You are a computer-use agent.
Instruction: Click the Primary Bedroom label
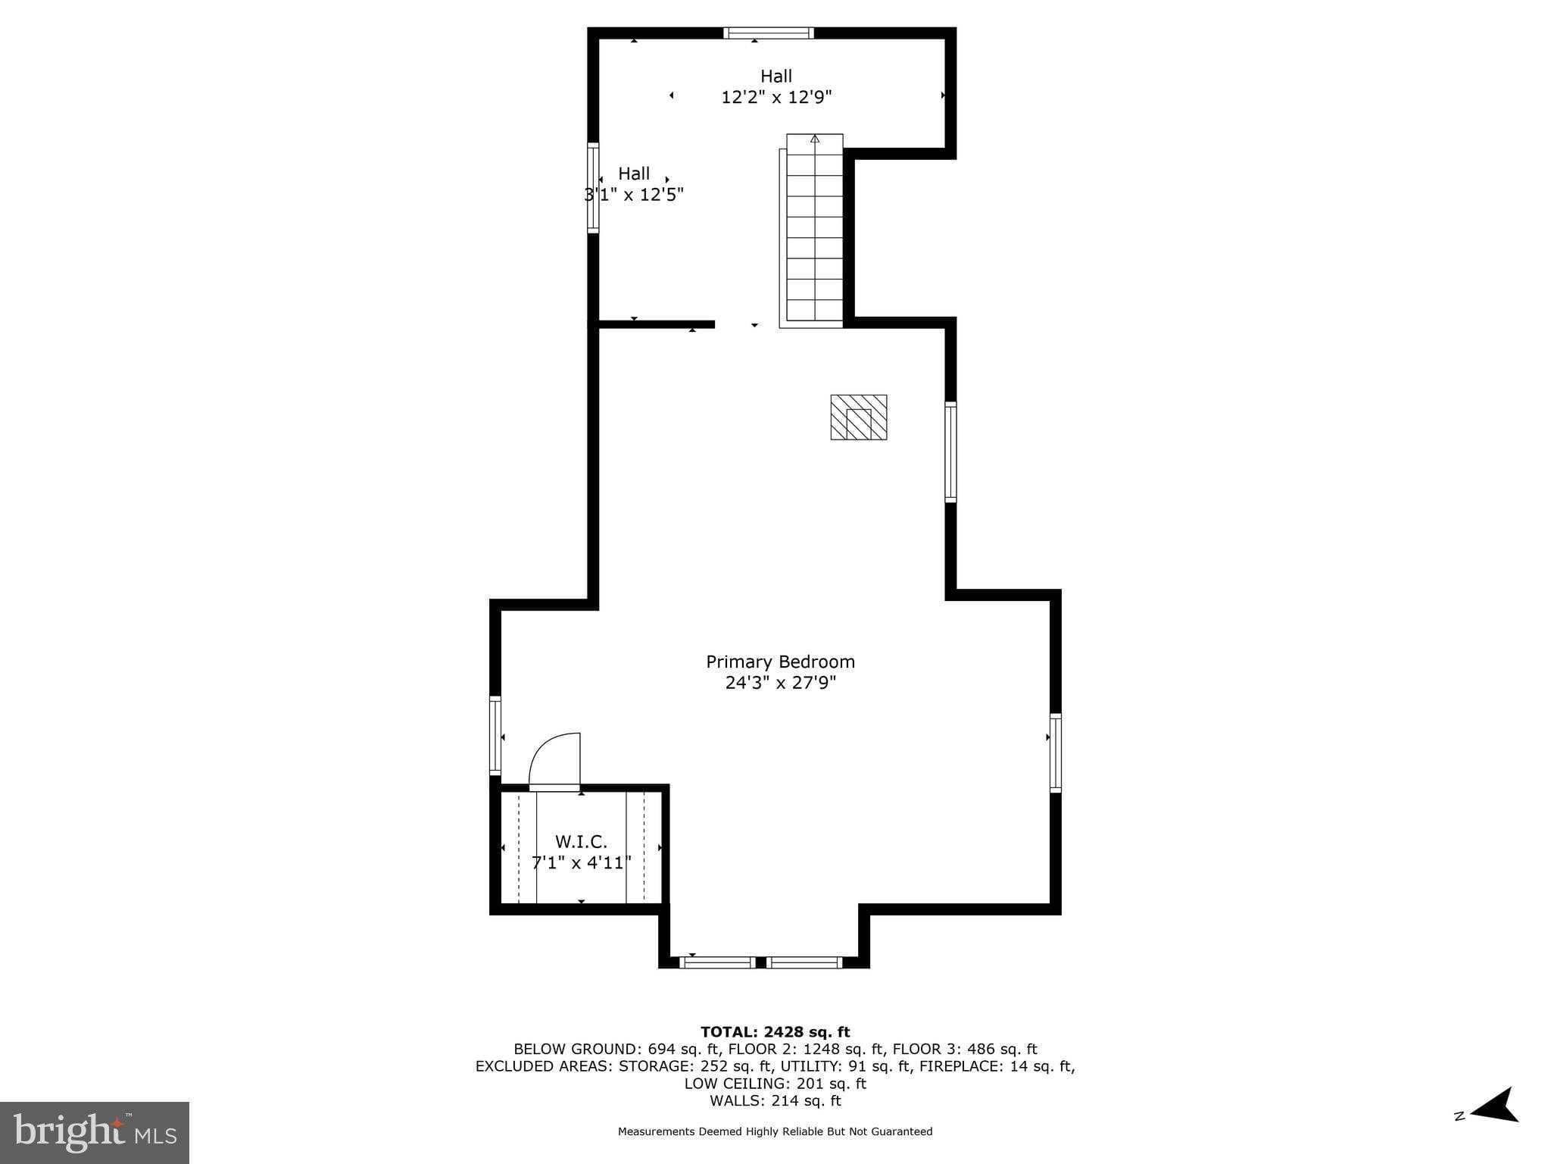[780, 662]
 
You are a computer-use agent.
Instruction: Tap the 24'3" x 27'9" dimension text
[780, 683]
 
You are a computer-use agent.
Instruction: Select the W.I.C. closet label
[581, 841]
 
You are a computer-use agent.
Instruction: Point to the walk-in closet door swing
[556, 761]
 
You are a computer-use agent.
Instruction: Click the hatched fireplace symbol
[859, 418]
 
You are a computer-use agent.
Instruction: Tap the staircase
[814, 230]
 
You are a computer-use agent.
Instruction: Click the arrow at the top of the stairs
[815, 139]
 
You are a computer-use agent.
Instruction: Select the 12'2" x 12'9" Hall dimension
[776, 97]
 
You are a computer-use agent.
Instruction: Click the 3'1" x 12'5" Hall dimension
[634, 195]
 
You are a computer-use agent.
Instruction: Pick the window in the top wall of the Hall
[768, 33]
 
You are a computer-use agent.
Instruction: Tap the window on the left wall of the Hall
[593, 187]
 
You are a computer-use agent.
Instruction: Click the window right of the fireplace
[950, 452]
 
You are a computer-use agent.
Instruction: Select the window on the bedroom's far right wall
[1055, 753]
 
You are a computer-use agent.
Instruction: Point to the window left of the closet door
[495, 735]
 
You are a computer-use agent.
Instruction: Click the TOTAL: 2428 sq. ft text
[775, 1031]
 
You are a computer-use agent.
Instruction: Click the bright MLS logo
[95, 1132]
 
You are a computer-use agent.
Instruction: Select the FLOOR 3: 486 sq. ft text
[965, 1049]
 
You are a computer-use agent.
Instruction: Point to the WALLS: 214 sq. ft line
[775, 1100]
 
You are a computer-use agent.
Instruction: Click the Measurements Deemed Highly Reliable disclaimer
[775, 1131]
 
